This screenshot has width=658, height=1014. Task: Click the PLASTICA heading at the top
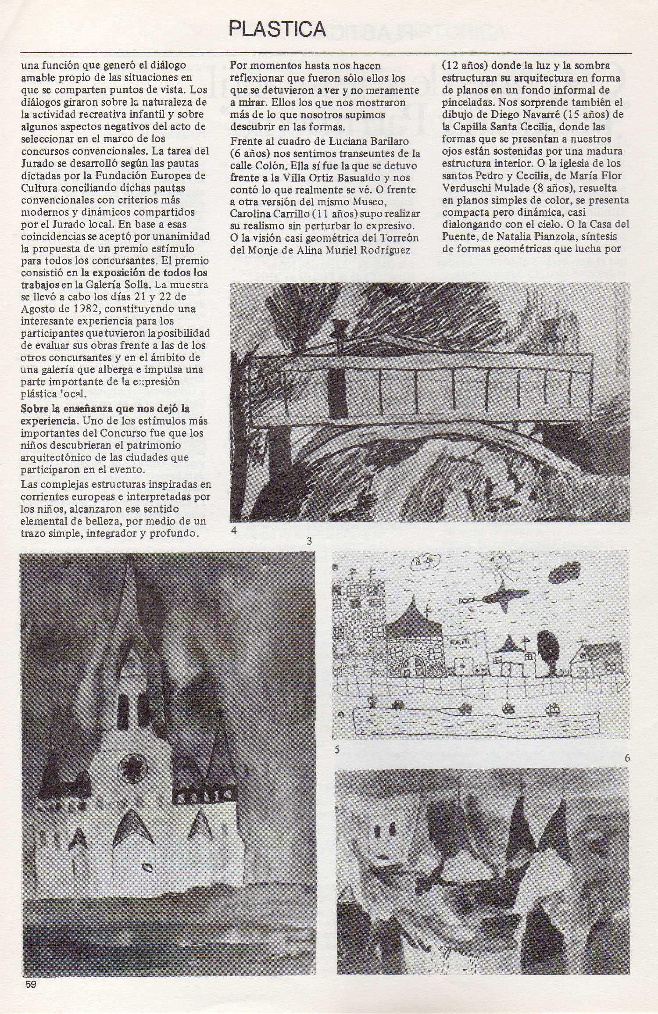click(277, 29)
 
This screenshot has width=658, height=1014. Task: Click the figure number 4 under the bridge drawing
click(234, 531)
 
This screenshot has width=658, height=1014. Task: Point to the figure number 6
click(627, 758)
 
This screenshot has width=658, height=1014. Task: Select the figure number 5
click(337, 749)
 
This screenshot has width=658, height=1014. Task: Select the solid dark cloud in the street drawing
click(564, 573)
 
